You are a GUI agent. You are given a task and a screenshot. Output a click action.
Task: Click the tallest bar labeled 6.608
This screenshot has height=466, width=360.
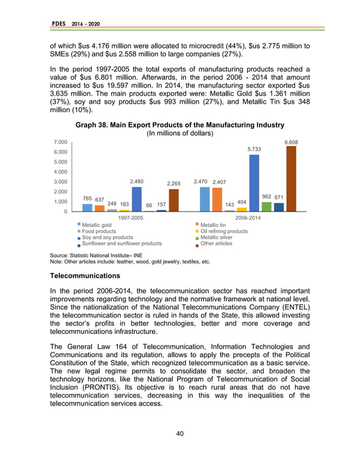pyautogui.click(x=291, y=179)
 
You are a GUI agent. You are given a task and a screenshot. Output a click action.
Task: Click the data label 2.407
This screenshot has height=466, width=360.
pyautogui.click(x=219, y=182)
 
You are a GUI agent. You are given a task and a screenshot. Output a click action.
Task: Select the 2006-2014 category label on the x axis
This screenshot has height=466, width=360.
pyautogui.click(x=248, y=217)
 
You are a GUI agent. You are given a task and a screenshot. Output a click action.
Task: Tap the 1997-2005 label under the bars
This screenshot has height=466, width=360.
pyautogui.click(x=130, y=217)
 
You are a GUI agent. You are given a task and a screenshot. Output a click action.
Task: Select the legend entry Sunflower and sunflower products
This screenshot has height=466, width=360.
pyautogui.click(x=121, y=244)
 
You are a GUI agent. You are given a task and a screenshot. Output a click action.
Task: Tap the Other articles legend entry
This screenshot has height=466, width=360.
pyautogui.click(x=216, y=244)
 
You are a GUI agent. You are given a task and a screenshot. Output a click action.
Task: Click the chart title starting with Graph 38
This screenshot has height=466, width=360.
pyautogui.click(x=179, y=125)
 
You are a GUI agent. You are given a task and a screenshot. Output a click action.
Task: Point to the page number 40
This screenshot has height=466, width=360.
pyautogui.click(x=179, y=433)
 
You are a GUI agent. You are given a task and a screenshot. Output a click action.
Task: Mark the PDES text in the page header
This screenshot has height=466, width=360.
pyautogui.click(x=58, y=23)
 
